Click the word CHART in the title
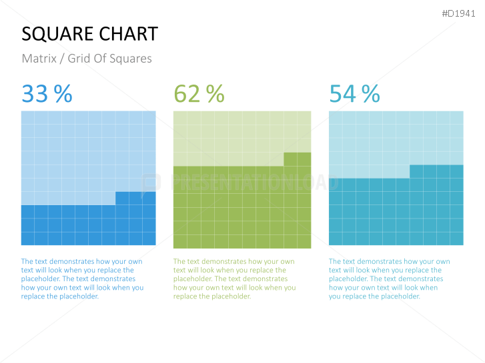pyautogui.click(x=128, y=34)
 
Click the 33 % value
pyautogui.click(x=47, y=94)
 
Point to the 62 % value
pyautogui.click(x=199, y=94)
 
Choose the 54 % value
pyautogui.click(x=354, y=94)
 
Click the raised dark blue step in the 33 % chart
pyautogui.click(x=135, y=198)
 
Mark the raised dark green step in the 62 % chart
pyautogui.click(x=298, y=159)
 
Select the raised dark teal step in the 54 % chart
pyautogui.click(x=436, y=171)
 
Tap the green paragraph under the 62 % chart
pyautogui.click(x=234, y=279)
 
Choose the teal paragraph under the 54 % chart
pyautogui.click(x=389, y=279)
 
